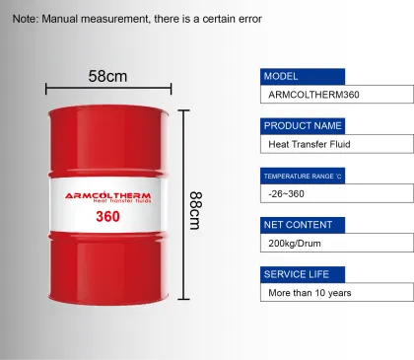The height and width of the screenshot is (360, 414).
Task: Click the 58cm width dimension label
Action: tap(108, 76)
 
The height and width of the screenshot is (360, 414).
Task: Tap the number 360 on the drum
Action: tap(108, 217)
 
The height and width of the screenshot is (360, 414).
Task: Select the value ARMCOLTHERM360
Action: tap(313, 96)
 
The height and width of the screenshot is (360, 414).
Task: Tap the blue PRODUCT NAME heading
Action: tap(303, 126)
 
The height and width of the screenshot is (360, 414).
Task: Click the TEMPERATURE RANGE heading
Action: tap(303, 176)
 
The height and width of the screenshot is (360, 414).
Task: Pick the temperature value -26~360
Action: tap(286, 194)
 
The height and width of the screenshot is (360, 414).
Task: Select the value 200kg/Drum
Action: tap(296, 243)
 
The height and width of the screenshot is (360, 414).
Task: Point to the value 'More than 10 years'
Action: tap(310, 293)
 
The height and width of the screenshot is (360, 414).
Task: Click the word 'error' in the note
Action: tap(247, 19)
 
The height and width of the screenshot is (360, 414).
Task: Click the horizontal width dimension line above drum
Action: tap(108, 89)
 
